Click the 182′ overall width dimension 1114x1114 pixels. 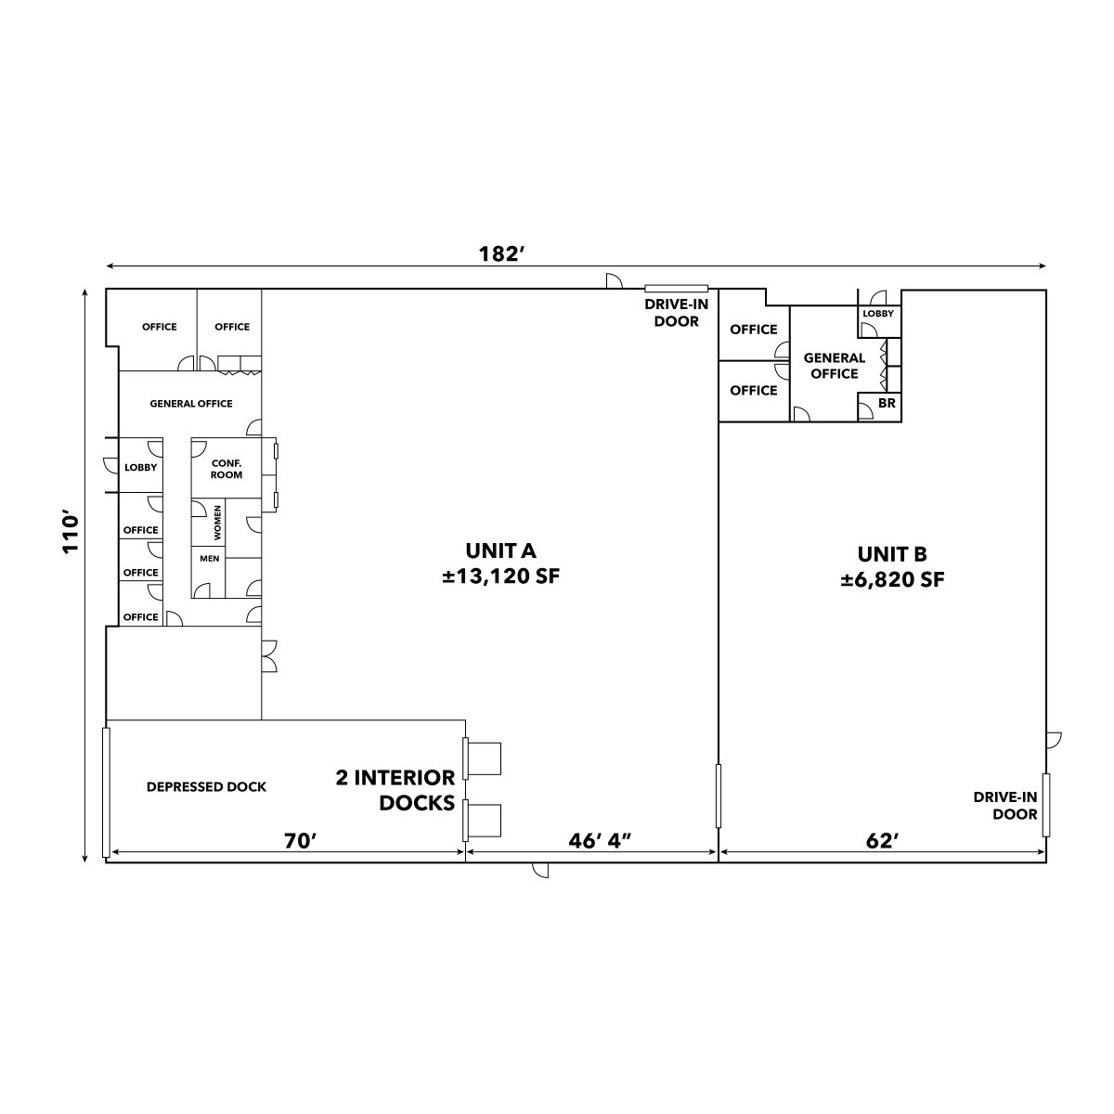click(x=501, y=253)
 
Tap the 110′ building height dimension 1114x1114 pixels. click(x=71, y=533)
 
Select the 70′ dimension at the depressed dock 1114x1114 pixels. click(x=301, y=840)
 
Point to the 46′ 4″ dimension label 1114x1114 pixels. click(x=600, y=840)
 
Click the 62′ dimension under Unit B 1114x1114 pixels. click(x=883, y=840)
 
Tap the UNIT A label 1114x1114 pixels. click(x=500, y=551)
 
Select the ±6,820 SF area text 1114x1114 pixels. click(x=892, y=580)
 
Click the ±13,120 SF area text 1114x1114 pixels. click(x=500, y=576)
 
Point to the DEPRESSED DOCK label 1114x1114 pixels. click(x=206, y=787)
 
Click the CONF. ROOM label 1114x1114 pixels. click(x=227, y=469)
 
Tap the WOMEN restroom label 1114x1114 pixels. click(x=217, y=523)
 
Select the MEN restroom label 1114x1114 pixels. click(x=209, y=559)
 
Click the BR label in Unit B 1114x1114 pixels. click(x=887, y=402)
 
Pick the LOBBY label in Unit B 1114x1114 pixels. click(x=878, y=314)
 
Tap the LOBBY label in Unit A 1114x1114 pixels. click(x=140, y=467)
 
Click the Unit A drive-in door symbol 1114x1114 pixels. click(x=677, y=289)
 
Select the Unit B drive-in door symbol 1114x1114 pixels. click(x=1046, y=805)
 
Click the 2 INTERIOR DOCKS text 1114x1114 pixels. click(x=395, y=790)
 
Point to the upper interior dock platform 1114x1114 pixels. click(x=484, y=758)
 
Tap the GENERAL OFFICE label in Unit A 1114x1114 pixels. click(x=191, y=404)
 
